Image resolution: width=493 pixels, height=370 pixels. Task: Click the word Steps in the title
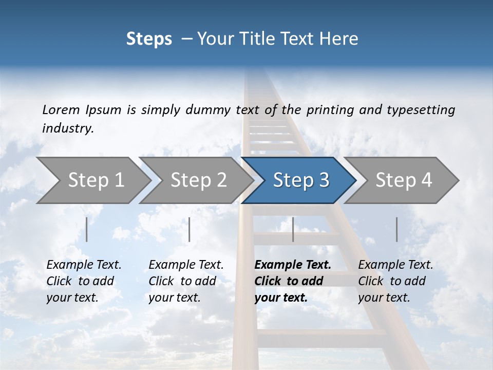(149, 39)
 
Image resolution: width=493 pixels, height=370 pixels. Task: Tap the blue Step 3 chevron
(301, 180)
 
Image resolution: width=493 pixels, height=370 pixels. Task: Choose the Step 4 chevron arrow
(404, 180)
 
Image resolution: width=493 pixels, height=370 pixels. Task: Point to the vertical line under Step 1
(87, 229)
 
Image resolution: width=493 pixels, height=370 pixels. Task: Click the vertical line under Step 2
(189, 229)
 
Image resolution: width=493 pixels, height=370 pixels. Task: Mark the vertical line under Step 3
(293, 229)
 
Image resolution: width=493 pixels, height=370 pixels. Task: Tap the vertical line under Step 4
(396, 229)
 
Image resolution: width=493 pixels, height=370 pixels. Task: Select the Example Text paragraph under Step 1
(84, 281)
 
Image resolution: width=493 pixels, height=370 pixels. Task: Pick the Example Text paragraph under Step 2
(186, 281)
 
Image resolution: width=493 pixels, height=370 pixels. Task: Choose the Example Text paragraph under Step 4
(395, 281)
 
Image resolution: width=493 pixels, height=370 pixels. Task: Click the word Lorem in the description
(61, 110)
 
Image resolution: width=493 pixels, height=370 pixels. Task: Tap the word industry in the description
(68, 128)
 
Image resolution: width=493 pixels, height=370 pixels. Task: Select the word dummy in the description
(216, 110)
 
